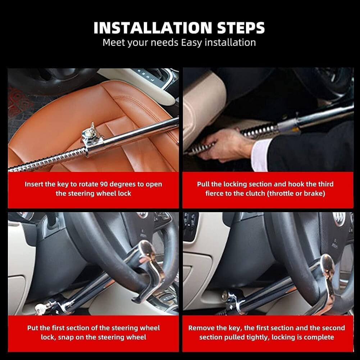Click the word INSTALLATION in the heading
(x=153, y=28)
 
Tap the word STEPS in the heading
(x=241, y=28)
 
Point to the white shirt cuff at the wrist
(x=260, y=155)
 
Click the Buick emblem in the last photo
(x=339, y=219)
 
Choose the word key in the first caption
(x=63, y=184)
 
